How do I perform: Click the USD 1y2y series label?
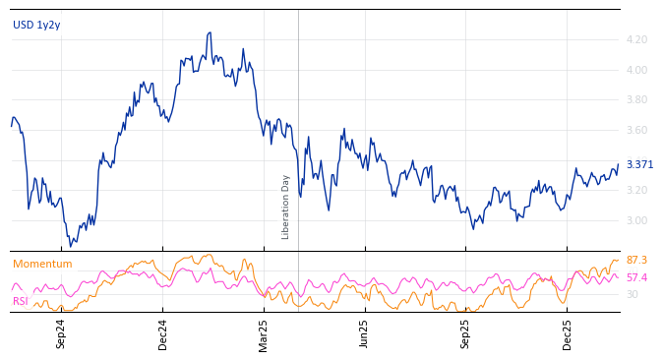(x=36, y=25)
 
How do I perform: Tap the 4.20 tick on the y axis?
(x=636, y=40)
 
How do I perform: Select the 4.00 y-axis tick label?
(x=636, y=70)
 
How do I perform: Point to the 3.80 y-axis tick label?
(x=636, y=100)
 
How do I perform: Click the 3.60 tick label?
(x=636, y=131)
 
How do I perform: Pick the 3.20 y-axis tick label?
(x=636, y=191)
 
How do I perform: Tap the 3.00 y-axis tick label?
(x=636, y=221)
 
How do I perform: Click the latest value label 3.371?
(x=639, y=164)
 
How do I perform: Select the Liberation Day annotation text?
(x=286, y=207)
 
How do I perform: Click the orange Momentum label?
(x=42, y=264)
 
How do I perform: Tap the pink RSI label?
(x=21, y=301)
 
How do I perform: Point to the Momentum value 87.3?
(x=636, y=260)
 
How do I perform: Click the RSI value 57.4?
(x=636, y=277)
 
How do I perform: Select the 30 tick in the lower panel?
(x=632, y=294)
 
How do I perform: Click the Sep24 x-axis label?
(x=61, y=333)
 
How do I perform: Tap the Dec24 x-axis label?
(x=163, y=333)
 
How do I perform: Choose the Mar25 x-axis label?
(x=264, y=333)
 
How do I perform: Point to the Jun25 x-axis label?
(x=364, y=333)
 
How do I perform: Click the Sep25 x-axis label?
(x=465, y=333)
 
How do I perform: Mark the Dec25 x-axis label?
(x=568, y=333)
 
